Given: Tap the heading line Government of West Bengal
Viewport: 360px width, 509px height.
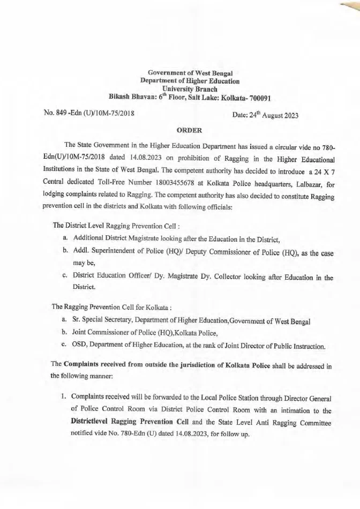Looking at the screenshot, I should point(190,72).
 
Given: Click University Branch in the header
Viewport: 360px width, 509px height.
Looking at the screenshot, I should point(190,89).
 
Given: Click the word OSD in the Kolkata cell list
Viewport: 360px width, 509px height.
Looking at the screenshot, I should point(80,346).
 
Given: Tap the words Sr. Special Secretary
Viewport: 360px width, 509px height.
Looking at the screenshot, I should point(105,320).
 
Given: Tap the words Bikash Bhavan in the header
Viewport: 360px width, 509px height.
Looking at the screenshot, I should point(129,98).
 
